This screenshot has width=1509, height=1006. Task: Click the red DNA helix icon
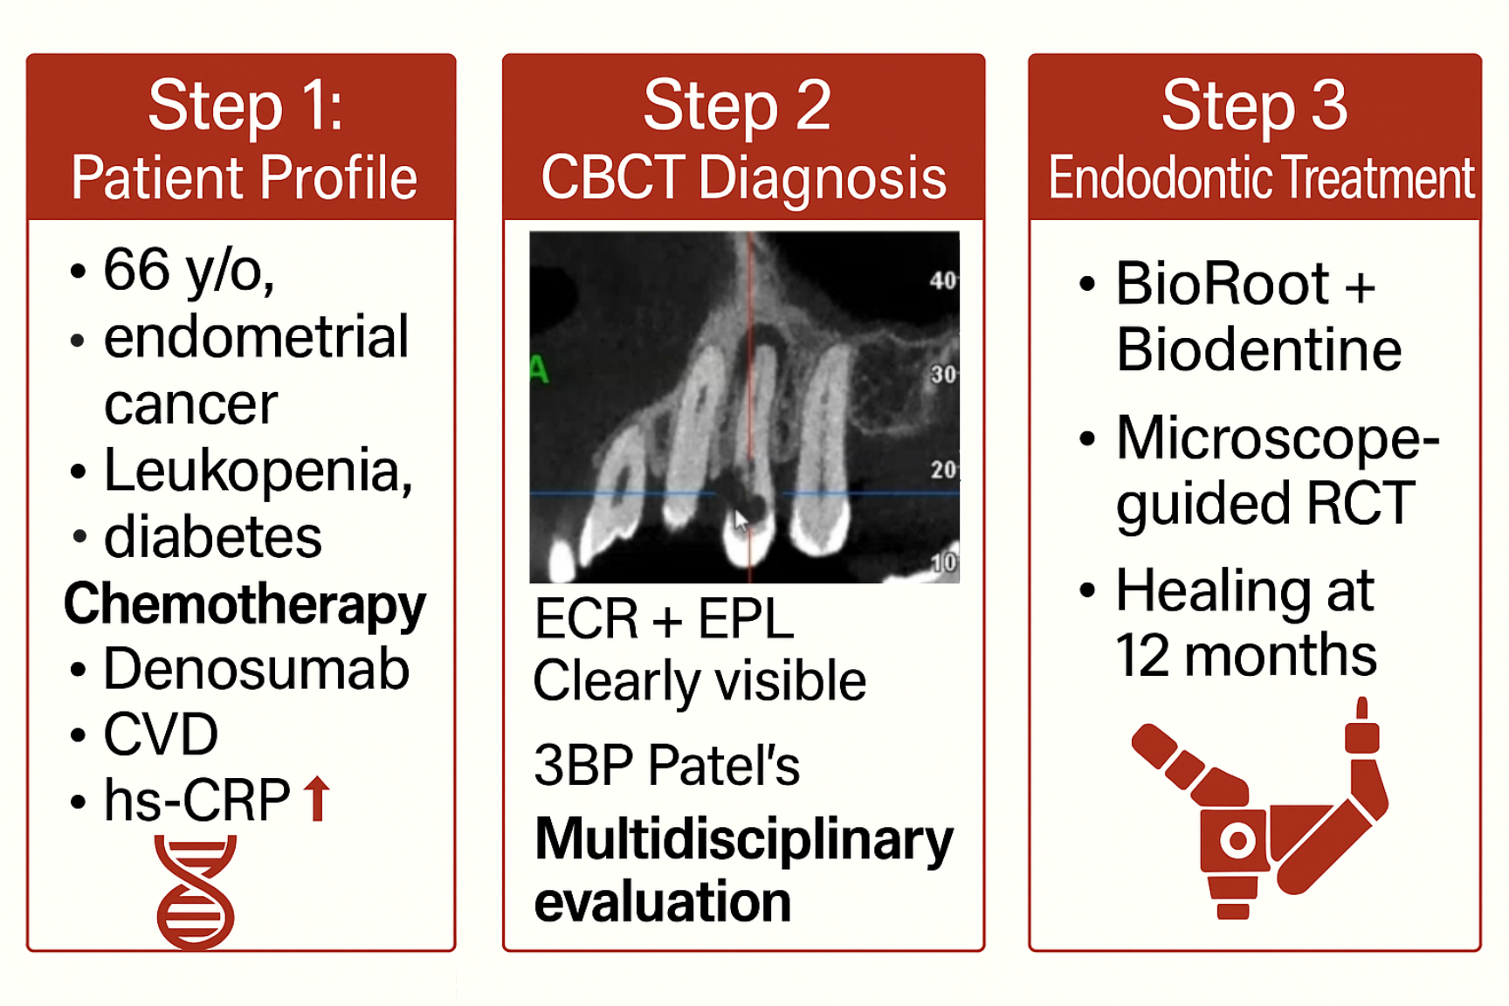196,892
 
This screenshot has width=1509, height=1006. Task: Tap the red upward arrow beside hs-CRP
317,799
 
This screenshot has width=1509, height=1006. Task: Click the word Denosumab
256,670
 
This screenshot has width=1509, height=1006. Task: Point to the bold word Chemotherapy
245,605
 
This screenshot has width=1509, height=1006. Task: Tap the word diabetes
213,536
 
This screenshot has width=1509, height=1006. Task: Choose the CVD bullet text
161,734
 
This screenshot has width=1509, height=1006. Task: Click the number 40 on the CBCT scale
943,280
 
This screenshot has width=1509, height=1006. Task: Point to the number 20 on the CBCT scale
943,470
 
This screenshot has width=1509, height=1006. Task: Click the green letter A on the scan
539,370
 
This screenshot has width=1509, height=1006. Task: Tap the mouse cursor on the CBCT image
741,521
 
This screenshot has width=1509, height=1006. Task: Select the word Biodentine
1258,350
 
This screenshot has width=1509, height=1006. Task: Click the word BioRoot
1223,284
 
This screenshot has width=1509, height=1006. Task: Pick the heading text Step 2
737,106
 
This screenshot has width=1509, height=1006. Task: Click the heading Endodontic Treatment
1261,179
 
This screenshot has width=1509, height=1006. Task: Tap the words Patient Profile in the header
244,179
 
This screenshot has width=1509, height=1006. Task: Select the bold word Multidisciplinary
744,841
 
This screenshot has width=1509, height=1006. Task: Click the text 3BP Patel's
666,766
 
